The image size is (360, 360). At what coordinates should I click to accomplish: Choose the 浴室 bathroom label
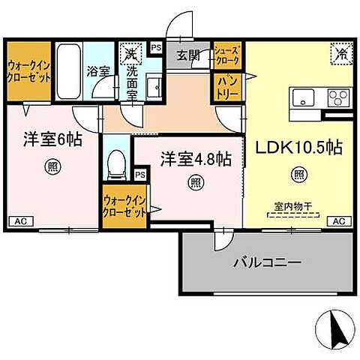tap(97, 73)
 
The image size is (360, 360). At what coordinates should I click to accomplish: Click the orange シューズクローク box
tap(228, 55)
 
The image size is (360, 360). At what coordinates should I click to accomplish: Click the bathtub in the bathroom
tap(67, 70)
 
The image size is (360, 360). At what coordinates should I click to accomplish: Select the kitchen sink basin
tap(304, 97)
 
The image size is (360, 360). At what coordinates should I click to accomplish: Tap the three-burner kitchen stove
tap(337, 97)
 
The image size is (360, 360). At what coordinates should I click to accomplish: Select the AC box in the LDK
tap(338, 220)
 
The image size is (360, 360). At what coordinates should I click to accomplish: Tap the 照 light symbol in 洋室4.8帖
tap(194, 181)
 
